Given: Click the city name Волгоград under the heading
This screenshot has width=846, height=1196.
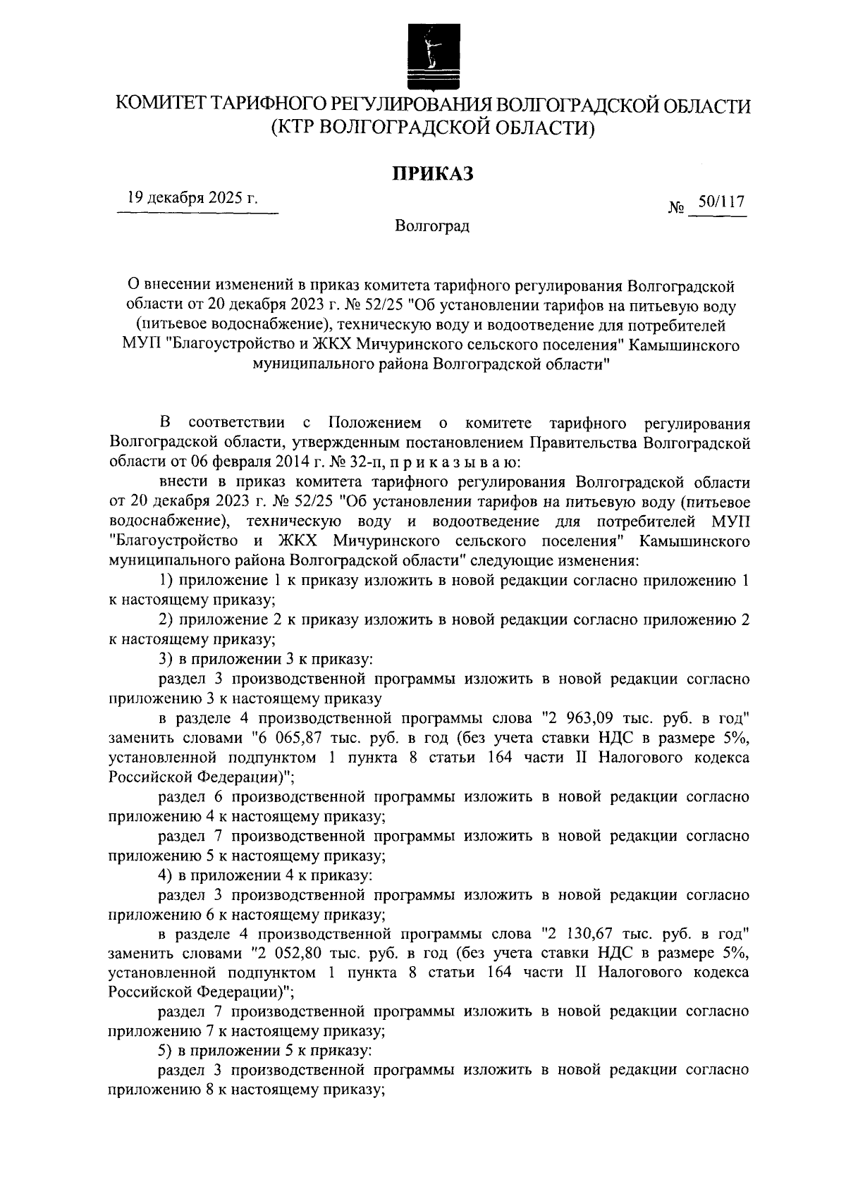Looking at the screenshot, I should (x=432, y=226).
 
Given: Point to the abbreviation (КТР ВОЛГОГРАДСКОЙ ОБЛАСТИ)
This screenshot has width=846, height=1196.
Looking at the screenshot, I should (x=433, y=128).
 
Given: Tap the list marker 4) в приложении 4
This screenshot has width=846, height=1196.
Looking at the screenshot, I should (x=166, y=876).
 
